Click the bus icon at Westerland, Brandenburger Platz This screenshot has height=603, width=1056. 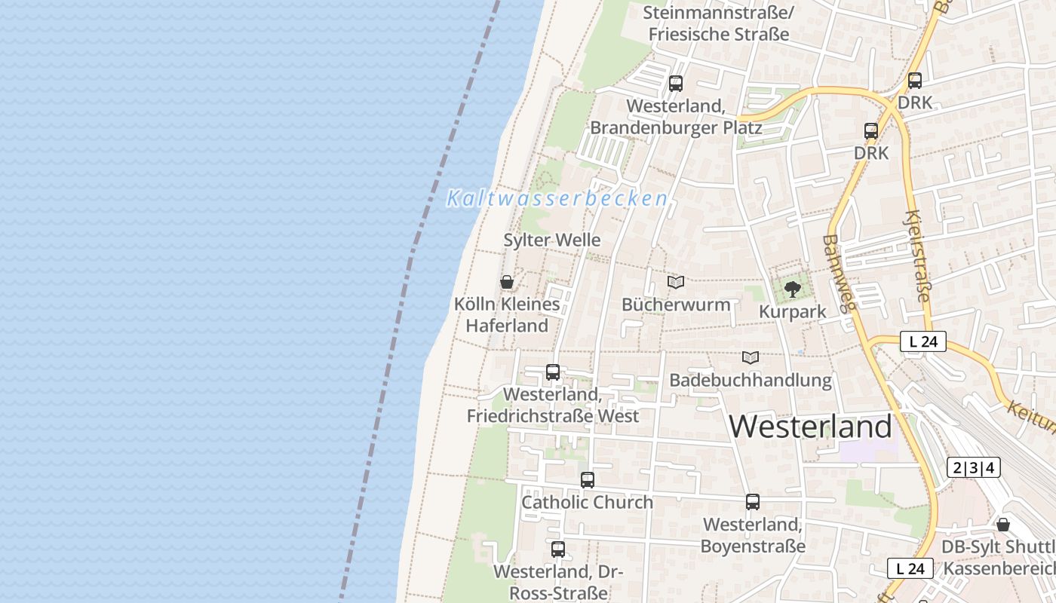tap(676, 84)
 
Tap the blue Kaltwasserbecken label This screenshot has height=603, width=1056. tap(557, 199)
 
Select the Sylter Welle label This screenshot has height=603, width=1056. tap(552, 240)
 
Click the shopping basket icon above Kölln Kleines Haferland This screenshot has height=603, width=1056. tap(507, 283)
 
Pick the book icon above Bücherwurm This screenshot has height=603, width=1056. tap(676, 283)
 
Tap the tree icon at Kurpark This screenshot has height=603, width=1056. tap(792, 289)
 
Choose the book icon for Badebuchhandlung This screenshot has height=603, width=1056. tap(751, 357)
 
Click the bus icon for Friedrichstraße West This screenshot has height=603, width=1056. tap(553, 372)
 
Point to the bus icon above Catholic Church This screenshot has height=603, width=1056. tap(588, 479)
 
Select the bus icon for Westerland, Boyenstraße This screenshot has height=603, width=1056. tap(753, 501)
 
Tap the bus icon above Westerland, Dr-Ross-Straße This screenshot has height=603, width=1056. tap(558, 549)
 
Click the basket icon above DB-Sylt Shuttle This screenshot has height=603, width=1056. tap(1003, 525)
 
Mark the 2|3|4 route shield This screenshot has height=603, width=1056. tap(973, 468)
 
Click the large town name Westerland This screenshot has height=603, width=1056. tap(811, 427)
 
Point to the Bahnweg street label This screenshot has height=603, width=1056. tap(840, 272)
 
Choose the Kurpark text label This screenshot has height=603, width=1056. tap(792, 312)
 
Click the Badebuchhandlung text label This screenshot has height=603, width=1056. tap(751, 381)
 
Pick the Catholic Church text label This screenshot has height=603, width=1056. tap(588, 502)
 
